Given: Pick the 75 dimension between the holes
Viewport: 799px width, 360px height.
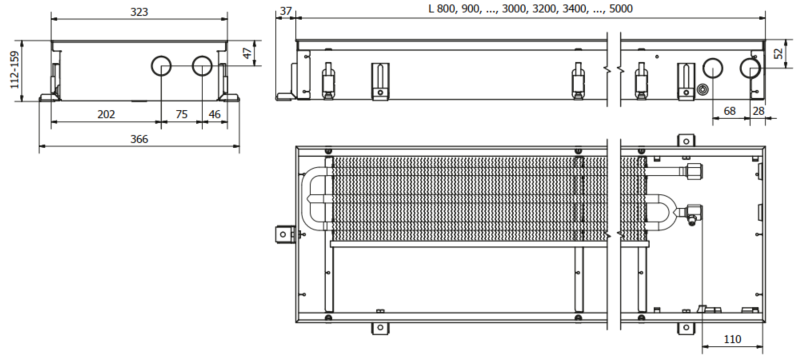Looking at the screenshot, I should click(x=181, y=114).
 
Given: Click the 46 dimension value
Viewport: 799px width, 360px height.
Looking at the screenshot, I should click(x=214, y=114).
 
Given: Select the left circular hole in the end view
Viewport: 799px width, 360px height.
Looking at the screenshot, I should click(x=161, y=68).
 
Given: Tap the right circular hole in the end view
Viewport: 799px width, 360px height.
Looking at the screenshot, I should click(x=202, y=68).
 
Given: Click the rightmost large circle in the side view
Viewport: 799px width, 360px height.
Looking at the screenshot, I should click(x=750, y=68).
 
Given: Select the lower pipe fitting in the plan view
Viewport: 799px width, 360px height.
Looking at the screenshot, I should click(x=692, y=211).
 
